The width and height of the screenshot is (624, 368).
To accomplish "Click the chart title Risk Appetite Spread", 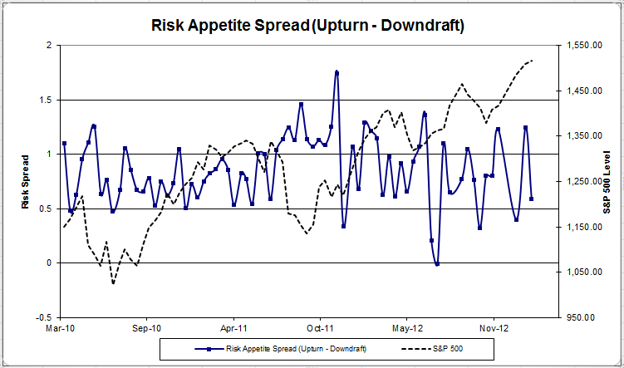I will [x=307, y=25].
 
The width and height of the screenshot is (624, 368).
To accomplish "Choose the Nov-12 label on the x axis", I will [x=494, y=328].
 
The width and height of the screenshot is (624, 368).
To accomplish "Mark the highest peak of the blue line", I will [x=337, y=72].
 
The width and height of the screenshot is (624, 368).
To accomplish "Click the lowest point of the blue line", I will [x=437, y=264].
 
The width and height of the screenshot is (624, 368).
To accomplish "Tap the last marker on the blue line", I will [x=532, y=199].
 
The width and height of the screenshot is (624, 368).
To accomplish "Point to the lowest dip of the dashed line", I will [x=113, y=283].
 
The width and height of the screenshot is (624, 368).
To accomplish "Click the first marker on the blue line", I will [x=64, y=144].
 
